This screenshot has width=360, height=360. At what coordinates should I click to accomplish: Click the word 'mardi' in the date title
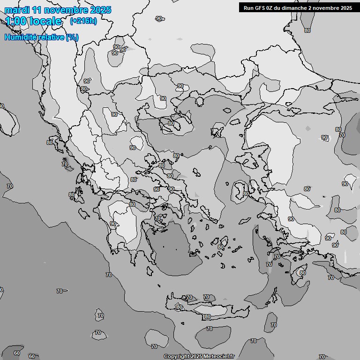click(16, 10)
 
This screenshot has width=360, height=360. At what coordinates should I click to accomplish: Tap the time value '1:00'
click(16, 21)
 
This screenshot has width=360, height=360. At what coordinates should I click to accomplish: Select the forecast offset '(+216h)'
click(83, 21)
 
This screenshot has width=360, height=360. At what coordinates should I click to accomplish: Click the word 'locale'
click(45, 21)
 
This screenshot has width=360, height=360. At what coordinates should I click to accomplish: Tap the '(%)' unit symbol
click(72, 37)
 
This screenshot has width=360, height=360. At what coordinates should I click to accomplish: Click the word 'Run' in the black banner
click(248, 7)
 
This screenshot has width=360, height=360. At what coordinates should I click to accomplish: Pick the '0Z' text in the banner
click(272, 7)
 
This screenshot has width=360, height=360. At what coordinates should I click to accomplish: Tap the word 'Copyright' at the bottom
click(176, 357)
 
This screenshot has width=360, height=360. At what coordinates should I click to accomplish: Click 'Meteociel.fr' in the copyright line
click(219, 357)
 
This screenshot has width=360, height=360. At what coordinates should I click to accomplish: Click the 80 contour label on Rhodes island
click(303, 273)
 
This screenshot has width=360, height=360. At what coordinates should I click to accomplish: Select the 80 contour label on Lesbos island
click(246, 194)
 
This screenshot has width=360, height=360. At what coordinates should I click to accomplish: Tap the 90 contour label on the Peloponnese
click(113, 224)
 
